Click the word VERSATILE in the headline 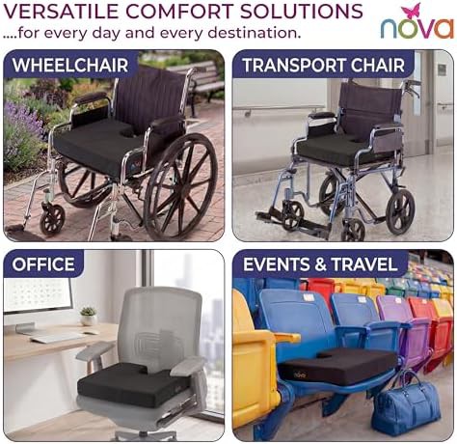[61, 12]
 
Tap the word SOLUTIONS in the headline [302, 12]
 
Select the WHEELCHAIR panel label [70, 65]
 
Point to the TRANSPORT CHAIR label [323, 65]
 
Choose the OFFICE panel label [43, 264]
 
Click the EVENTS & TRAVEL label [320, 264]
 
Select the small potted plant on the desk [88, 316]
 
